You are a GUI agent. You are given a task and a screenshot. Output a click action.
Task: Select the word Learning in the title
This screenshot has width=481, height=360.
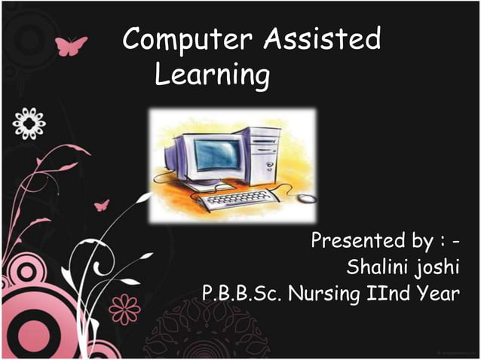point(213,76)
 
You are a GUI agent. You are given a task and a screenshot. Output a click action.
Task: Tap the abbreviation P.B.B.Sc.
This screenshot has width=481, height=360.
point(242,292)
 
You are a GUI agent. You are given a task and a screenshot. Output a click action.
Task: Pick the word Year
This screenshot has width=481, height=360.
point(437,292)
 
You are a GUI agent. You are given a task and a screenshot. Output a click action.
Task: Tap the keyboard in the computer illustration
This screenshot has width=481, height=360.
point(234,200)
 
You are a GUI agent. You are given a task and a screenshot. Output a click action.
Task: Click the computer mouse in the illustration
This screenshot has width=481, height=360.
point(305,199)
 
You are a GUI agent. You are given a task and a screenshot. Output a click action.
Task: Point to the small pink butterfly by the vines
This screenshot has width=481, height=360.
point(101,204)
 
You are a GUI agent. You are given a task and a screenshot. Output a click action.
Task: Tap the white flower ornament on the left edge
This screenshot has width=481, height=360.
point(29,122)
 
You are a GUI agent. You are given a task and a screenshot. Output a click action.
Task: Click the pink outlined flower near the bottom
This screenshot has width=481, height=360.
point(124,308)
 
